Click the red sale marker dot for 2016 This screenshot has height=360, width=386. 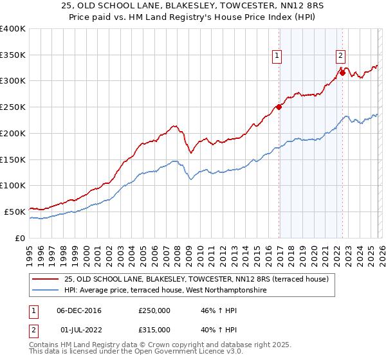pyautogui.click(x=279, y=107)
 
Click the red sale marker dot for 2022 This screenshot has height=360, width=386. pyautogui.click(x=342, y=73)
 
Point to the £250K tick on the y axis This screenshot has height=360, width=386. pyautogui.click(x=13, y=107)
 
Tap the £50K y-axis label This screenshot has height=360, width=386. pyautogui.click(x=15, y=212)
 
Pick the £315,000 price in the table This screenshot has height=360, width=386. pyautogui.click(x=154, y=330)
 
